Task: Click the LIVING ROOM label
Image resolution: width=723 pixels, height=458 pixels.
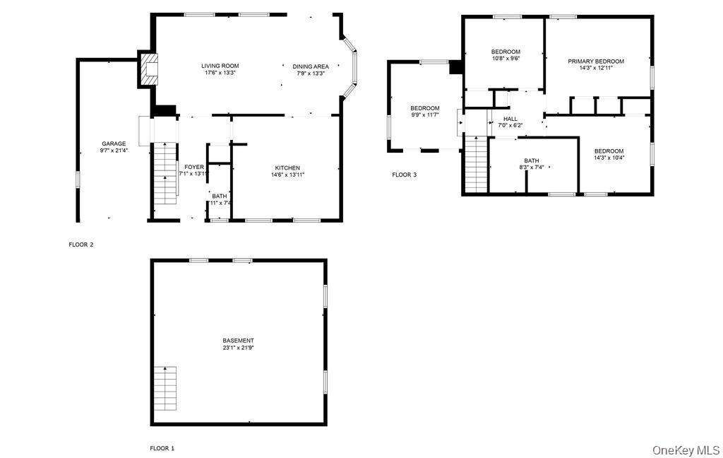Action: [x=220, y=66]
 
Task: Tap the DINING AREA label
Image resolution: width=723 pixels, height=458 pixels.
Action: [x=310, y=66]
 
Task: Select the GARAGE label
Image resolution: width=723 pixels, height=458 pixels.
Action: [x=114, y=143]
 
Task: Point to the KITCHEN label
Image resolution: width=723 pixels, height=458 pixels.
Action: [x=287, y=168]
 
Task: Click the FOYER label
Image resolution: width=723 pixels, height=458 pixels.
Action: [x=194, y=167]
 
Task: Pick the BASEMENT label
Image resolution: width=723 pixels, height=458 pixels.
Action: [x=238, y=341]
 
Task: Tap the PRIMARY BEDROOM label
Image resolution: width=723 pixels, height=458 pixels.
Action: [x=596, y=61]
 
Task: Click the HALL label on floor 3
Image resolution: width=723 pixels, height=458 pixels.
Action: [x=510, y=119]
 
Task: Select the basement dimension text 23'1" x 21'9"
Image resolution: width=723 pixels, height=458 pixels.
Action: [x=238, y=348]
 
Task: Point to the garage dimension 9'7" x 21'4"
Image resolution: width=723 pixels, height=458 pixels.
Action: [x=114, y=151]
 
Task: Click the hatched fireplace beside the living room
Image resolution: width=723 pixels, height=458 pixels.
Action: [x=149, y=69]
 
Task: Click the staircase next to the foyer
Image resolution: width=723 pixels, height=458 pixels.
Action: [x=165, y=173]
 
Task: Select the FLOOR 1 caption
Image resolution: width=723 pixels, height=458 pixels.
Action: [x=162, y=448]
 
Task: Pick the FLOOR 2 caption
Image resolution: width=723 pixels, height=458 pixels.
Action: [x=80, y=245]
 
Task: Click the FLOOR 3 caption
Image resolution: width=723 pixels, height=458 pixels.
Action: [x=404, y=174]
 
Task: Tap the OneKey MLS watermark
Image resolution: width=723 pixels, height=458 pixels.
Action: [x=686, y=450]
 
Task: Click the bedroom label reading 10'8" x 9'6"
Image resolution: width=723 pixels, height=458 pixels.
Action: [x=506, y=59]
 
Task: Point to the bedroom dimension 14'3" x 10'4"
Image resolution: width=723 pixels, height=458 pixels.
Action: [x=609, y=158]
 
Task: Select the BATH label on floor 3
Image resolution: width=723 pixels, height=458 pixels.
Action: [x=532, y=160]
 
